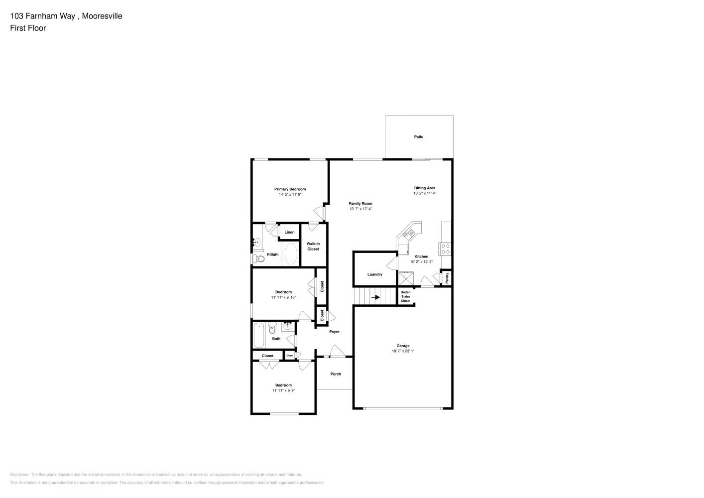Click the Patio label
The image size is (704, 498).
pos(419,136)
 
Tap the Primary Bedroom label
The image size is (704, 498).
pos(290,189)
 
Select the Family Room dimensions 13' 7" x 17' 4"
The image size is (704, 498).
pos(360,209)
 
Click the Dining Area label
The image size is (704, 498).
pos(425,188)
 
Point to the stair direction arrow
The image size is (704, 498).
pos(376,298)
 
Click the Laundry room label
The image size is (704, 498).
pos(375,274)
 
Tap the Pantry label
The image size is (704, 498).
pos(447,278)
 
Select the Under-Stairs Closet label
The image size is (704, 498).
pos(406,296)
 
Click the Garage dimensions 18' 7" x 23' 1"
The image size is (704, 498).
pos(403,351)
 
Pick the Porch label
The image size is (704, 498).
pos(336,374)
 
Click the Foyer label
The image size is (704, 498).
pos(335,332)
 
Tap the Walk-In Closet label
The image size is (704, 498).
pos(313,247)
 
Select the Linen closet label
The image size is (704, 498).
pos(289,232)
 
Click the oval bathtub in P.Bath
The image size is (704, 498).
pos(290,254)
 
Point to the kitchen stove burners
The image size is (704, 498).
pos(445,249)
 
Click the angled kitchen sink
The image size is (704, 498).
pos(411,233)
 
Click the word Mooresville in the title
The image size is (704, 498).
pos(102,16)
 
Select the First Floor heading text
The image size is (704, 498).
pos(28,28)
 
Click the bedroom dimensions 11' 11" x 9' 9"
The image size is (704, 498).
pos(283,391)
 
